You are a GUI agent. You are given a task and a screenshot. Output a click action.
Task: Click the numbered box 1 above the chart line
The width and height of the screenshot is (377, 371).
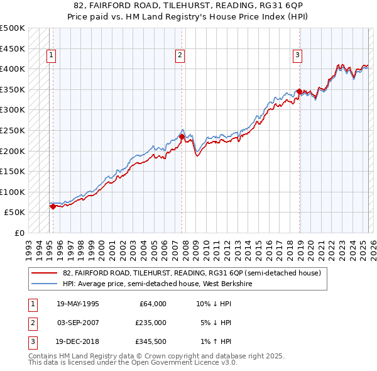52,55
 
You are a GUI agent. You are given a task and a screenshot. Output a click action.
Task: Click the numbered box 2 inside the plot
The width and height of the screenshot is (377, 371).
180,55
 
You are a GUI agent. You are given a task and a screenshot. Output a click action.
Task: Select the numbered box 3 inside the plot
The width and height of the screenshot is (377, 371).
297,55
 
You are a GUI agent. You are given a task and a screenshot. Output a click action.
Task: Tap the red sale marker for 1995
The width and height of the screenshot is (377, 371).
53,206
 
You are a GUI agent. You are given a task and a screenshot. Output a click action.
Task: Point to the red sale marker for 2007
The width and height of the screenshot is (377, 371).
182,136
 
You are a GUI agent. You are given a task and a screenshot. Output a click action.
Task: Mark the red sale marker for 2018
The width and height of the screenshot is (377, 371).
299,91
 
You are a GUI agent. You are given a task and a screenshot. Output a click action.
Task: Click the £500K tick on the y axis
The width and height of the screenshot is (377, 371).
13,28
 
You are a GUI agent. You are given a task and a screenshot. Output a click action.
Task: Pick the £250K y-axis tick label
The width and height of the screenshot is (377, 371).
13,130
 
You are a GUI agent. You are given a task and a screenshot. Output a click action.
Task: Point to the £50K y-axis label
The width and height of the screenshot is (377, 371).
15,212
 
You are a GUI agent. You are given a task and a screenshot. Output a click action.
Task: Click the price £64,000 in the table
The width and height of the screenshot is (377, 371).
152,304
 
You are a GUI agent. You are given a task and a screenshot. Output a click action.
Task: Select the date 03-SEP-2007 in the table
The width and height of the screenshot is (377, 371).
78,323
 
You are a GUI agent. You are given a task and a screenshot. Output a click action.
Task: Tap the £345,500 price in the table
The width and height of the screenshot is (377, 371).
150,343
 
